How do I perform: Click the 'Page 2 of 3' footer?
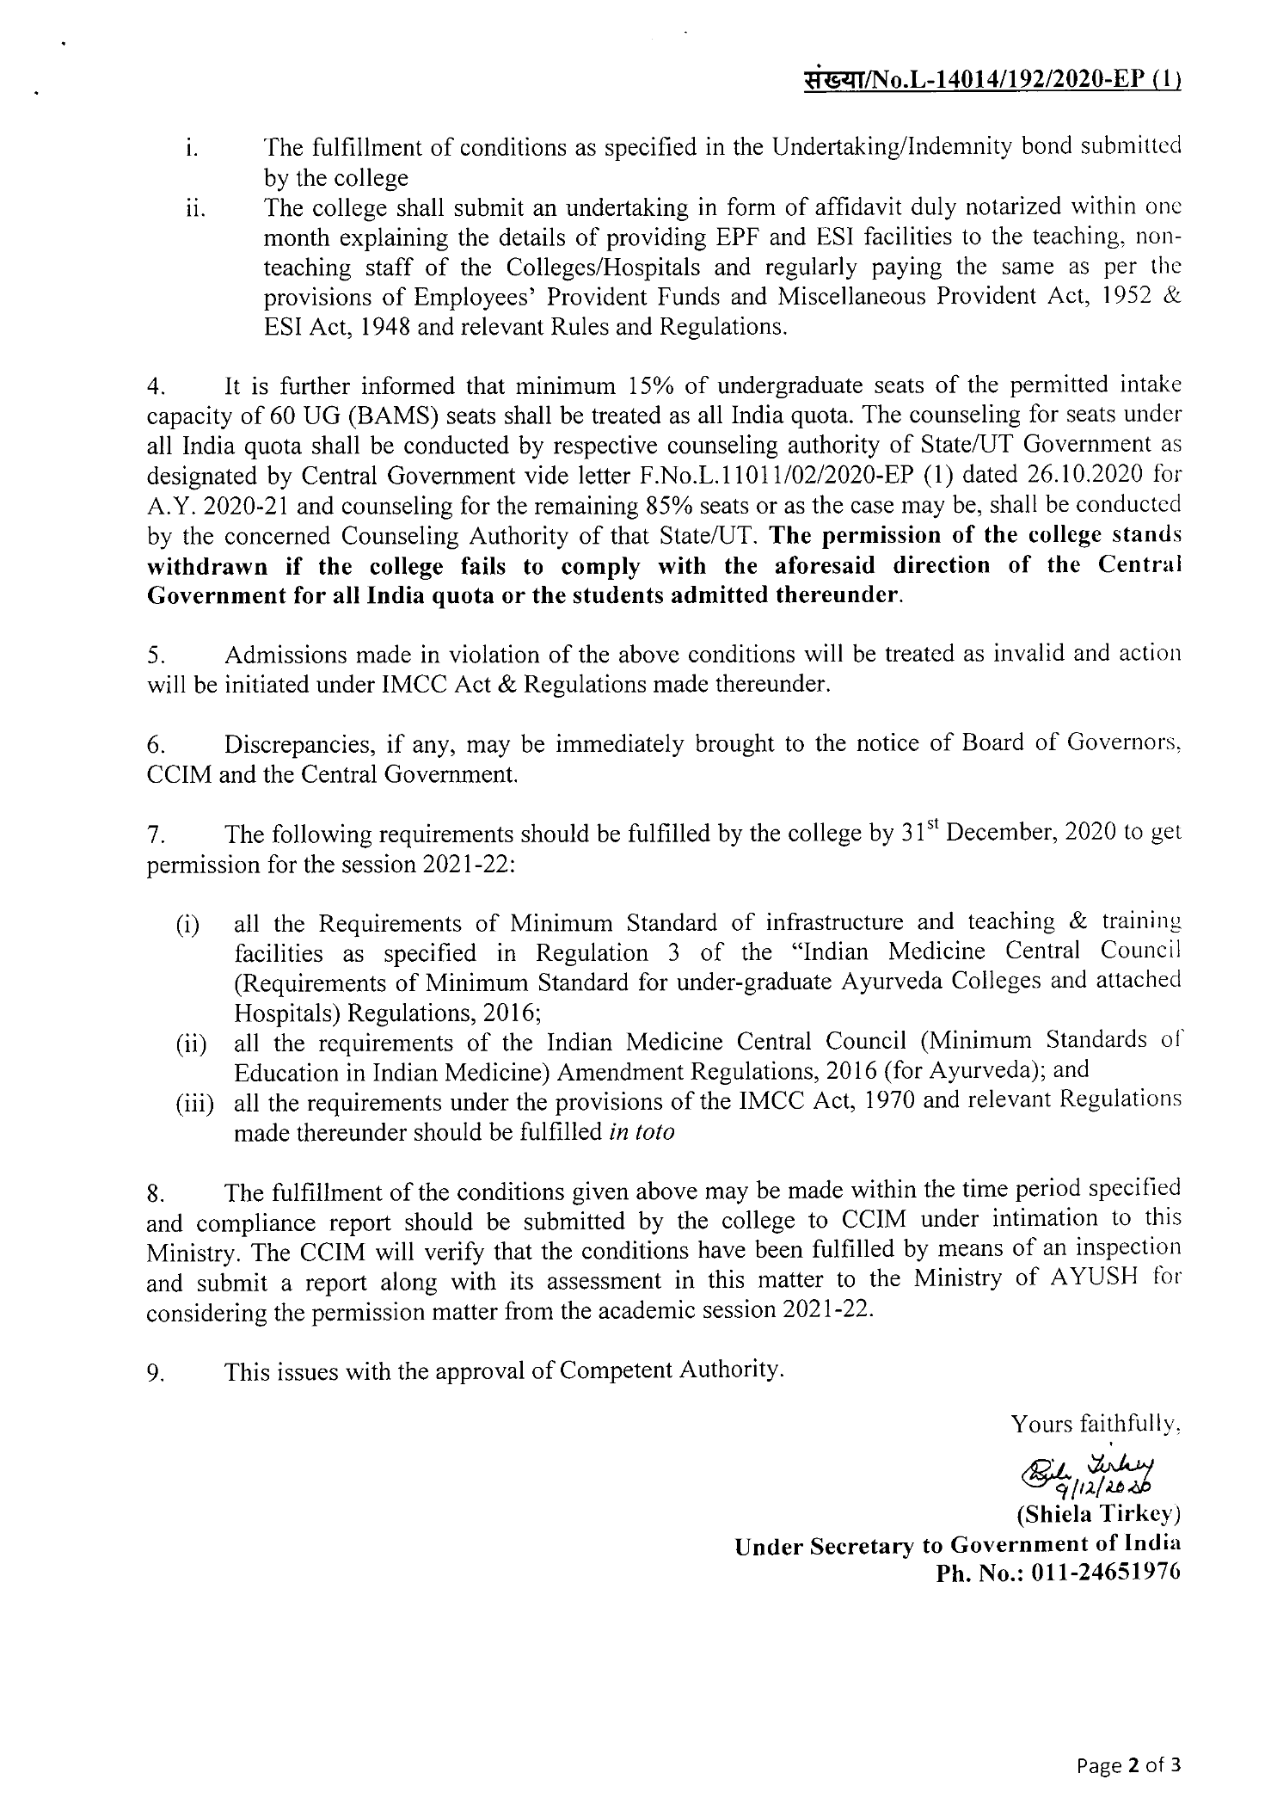pyautogui.click(x=1129, y=1760)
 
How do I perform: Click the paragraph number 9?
pyautogui.click(x=155, y=1374)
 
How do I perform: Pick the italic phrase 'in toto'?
pyautogui.click(x=641, y=1132)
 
